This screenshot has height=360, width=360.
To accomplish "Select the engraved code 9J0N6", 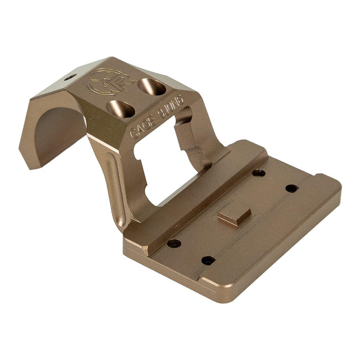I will (171, 108).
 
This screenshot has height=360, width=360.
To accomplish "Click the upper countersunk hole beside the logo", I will (152, 86).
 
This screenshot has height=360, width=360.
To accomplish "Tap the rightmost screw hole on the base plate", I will (292, 188).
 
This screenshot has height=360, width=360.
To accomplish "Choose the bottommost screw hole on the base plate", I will (208, 260).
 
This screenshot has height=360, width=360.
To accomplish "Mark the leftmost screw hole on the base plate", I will (174, 243).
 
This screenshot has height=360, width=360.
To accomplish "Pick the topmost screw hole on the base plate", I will (258, 173).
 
